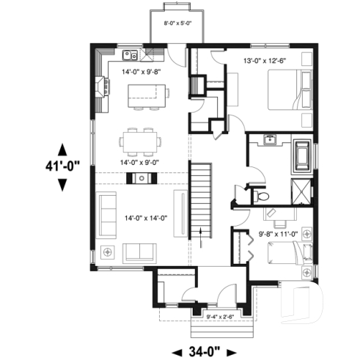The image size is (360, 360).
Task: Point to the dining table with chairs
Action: coord(139,139)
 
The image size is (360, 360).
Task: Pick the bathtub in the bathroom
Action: coord(302,156)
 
